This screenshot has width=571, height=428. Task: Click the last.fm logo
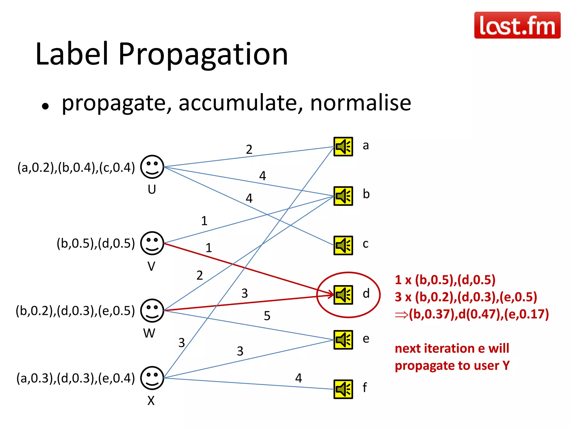point(517,25)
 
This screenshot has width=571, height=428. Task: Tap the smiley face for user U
point(152,167)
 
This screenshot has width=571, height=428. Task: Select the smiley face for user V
point(152,243)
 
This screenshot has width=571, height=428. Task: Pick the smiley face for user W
point(152,310)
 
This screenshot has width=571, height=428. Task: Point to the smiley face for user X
point(152,378)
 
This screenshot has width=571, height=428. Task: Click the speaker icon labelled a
point(343,147)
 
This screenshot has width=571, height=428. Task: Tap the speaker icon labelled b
point(343,196)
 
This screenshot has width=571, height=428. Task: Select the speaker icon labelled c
point(343,245)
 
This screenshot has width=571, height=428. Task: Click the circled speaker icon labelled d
point(343,295)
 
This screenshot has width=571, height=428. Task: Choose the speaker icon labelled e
point(343,340)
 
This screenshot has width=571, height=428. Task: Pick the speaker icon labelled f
point(343,389)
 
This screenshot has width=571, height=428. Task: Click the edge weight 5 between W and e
point(267,316)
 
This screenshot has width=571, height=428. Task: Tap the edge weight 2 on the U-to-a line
point(249,150)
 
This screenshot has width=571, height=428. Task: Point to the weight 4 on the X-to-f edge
point(298,378)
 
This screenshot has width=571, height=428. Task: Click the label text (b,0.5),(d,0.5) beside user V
point(96,243)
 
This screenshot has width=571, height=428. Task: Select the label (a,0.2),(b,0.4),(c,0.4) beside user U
point(76,167)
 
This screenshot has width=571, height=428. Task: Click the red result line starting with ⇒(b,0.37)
point(472,314)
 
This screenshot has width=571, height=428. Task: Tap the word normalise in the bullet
point(360,103)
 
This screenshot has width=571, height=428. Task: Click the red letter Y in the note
point(506,365)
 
